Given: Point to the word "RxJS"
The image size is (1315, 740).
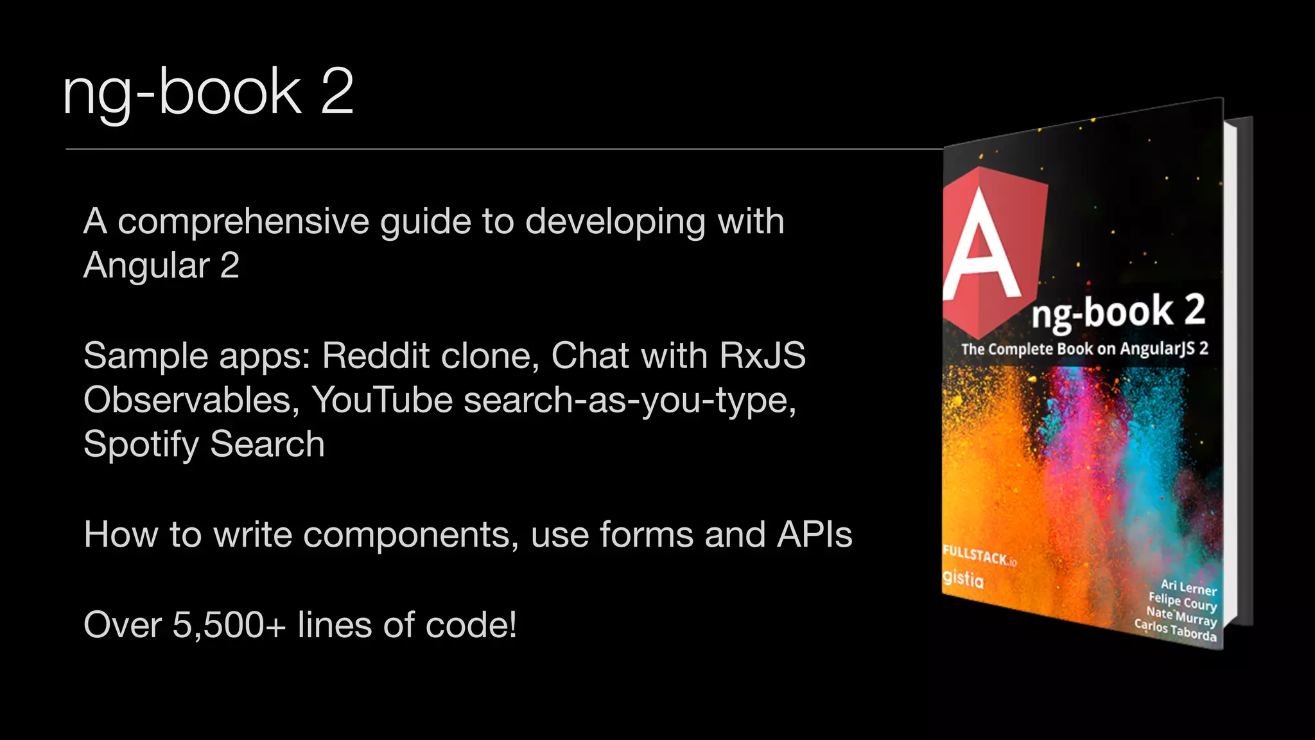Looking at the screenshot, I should pos(762,355).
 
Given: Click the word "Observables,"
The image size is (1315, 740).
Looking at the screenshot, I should pos(191,400).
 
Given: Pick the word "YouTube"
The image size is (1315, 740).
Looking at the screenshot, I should pos(382,400).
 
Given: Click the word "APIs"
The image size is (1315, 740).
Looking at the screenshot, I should pos(814,534).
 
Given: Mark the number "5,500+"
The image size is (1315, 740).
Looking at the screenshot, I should pos(229,625).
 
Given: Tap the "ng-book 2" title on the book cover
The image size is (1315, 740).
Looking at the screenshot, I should pos(1118,312).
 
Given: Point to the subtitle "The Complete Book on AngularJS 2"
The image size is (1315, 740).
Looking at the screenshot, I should pos(1084,349).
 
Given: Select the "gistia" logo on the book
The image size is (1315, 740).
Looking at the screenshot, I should pos(962,579).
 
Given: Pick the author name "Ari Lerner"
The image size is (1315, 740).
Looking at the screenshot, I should pos(1189,587).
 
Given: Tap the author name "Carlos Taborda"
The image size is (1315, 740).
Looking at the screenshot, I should pos(1175,630).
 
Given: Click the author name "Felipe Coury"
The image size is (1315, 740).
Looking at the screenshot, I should pos(1183,602).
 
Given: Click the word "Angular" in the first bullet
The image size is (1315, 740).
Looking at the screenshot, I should pos(146,266).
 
